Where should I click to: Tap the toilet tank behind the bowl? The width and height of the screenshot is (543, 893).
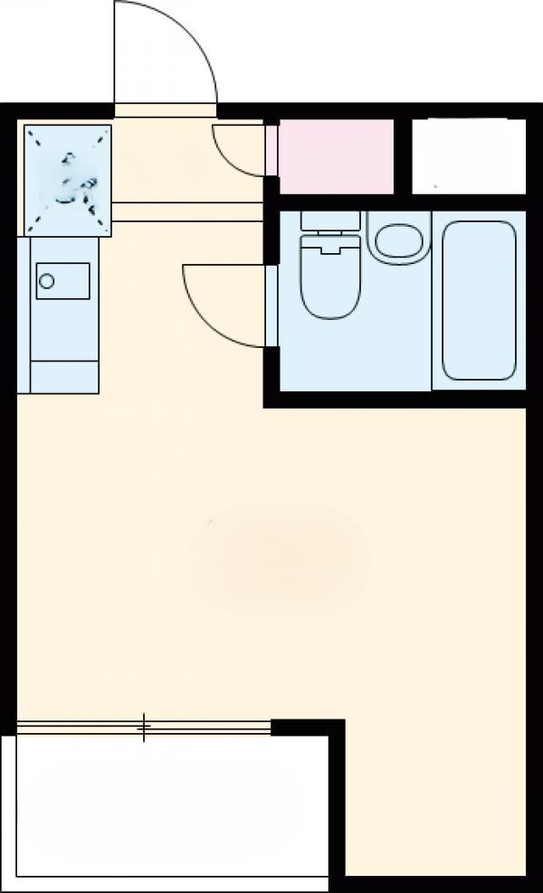click(x=329, y=221)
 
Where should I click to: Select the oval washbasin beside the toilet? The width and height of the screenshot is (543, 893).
click(x=396, y=240)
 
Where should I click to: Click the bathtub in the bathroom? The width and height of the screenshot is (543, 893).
click(x=479, y=300)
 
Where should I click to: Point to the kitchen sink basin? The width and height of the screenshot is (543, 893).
click(x=62, y=280)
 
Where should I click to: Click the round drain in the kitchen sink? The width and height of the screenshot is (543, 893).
click(x=47, y=281)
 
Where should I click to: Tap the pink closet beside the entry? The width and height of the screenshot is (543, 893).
click(x=335, y=155)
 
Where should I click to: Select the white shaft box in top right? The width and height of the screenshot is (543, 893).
click(x=468, y=155)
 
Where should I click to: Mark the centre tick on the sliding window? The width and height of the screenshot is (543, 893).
click(x=143, y=727)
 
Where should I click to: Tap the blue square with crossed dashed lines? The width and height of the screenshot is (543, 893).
click(x=67, y=177)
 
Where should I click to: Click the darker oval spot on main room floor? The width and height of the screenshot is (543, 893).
click(x=281, y=560)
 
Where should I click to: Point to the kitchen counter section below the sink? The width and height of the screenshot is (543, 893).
click(x=63, y=376)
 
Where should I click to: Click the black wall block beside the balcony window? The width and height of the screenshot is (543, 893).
click(x=308, y=728)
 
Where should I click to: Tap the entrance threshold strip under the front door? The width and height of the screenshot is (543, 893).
click(x=166, y=111)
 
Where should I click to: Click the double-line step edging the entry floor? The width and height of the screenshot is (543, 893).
click(x=186, y=212)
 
